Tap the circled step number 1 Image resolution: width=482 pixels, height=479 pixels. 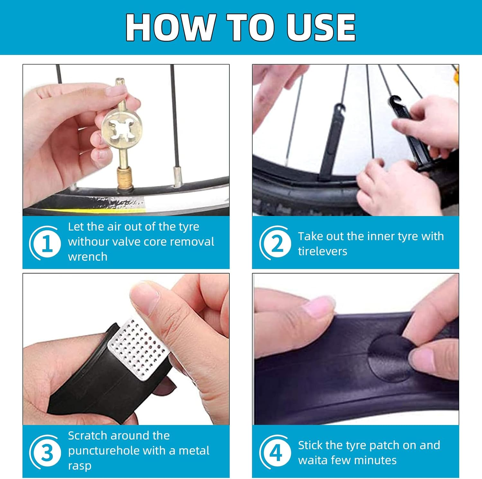coord(47,243)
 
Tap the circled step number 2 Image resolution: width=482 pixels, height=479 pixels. coord(277,243)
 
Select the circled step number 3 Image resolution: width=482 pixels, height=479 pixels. coord(47,453)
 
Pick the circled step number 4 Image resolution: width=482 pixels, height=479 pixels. coord(276,453)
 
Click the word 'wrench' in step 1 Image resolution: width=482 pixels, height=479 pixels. coord(88,257)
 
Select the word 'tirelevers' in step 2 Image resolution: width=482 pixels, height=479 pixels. coord(323,251)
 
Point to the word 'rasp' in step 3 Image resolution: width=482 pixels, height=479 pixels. coord(80,466)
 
